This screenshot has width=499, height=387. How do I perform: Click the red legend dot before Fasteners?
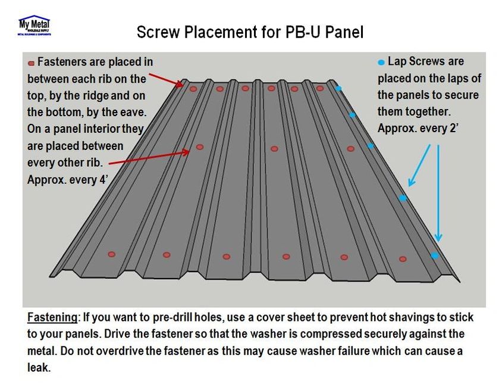coord(31,62)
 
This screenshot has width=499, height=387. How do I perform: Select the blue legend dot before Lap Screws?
coord(381,61)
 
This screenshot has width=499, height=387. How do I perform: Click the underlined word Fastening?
coord(52,316)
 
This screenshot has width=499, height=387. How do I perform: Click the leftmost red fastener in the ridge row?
coord(193,89)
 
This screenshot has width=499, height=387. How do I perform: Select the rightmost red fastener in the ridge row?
coord(320,89)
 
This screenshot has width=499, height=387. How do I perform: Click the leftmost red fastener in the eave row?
coord(111,254)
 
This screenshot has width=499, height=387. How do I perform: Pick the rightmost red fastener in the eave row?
coord(403,259)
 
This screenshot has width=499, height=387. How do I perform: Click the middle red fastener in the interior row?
coord(274,149)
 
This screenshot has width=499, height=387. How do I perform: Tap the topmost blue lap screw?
coord(338,89)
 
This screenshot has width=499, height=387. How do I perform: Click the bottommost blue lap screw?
coord(435,255)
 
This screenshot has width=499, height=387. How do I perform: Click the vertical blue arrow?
coord(439,191)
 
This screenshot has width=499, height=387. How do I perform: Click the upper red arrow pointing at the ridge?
coord(167,80)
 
